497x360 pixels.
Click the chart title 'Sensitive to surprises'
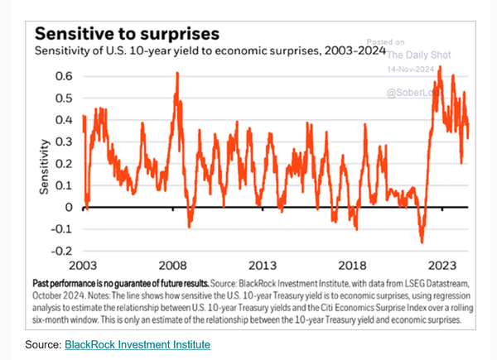[x=126, y=34]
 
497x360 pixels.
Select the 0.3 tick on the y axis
[x=65, y=142]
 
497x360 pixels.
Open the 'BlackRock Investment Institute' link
[x=137, y=343]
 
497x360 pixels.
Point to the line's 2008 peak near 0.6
[x=177, y=74]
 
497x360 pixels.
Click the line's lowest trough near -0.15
[x=422, y=242]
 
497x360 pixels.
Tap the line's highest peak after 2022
[x=440, y=67]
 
